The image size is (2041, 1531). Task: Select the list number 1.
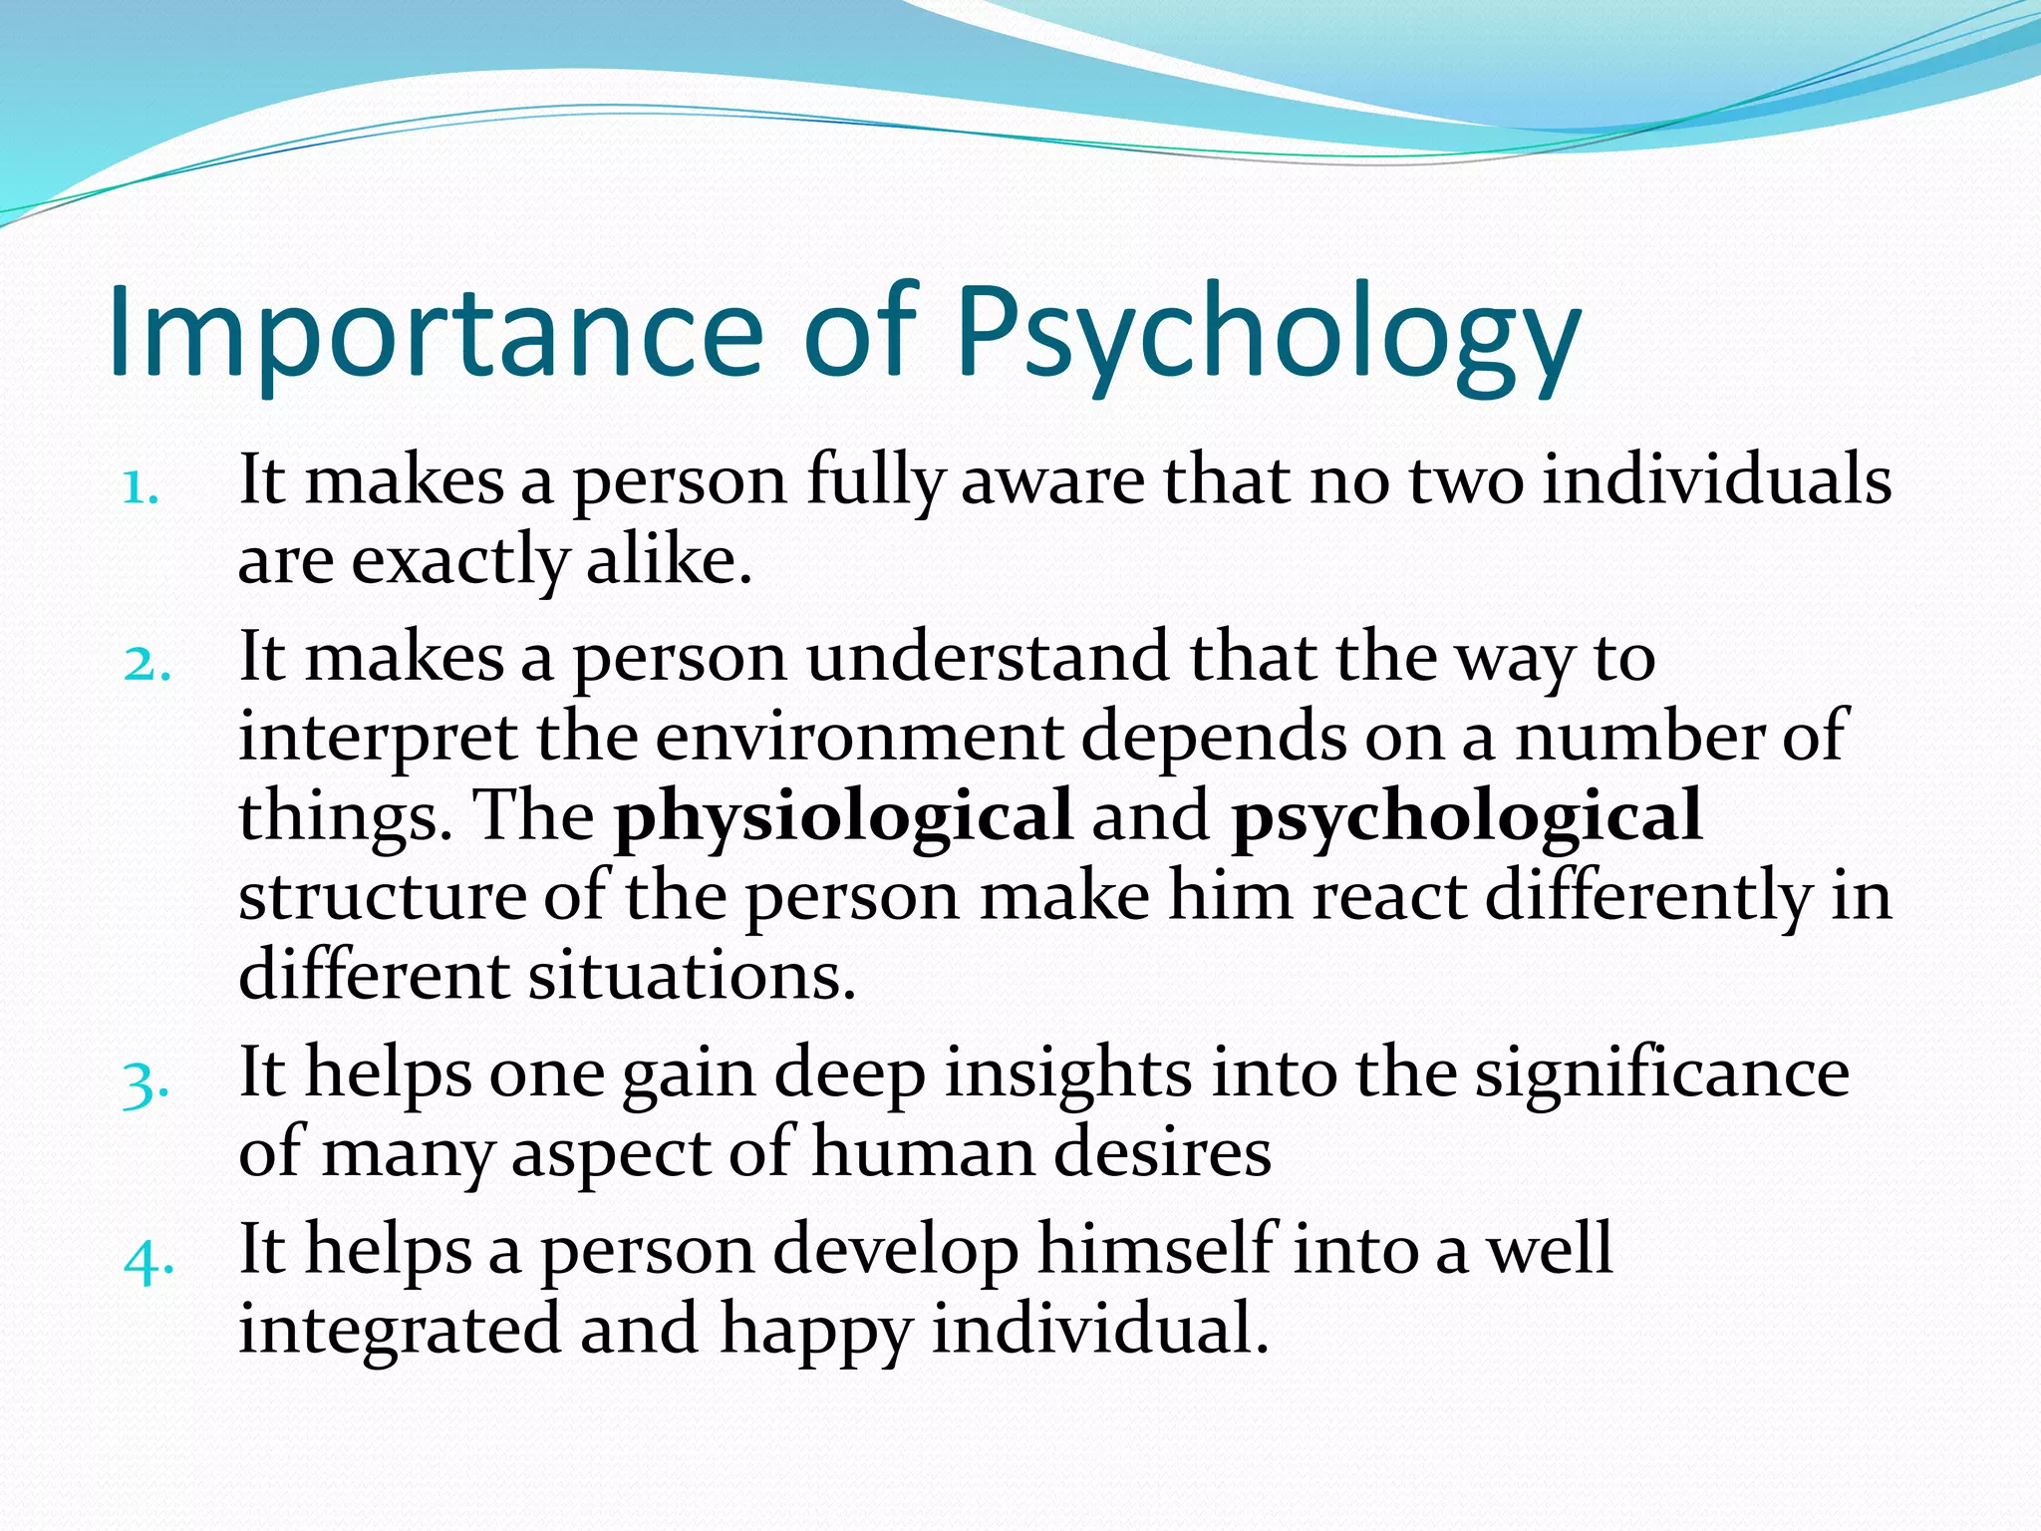(x=141, y=488)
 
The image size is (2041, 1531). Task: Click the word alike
(x=669, y=560)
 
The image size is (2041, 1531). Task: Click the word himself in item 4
(x=1156, y=1250)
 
